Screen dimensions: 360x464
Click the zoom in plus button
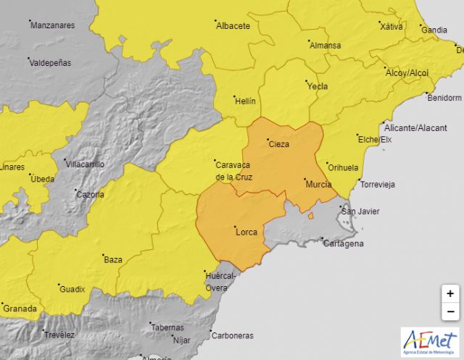[x=450, y=293]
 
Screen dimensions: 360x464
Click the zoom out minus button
[x=450, y=312]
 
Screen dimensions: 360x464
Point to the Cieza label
[x=279, y=144]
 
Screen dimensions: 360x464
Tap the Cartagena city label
[x=343, y=243]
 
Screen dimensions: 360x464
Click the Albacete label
[x=233, y=26]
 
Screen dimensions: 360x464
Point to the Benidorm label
[x=444, y=98]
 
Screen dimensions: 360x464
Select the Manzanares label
[x=52, y=25]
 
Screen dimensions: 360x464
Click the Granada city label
[x=20, y=309]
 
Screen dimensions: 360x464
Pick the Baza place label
[x=113, y=259]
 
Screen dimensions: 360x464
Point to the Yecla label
[x=318, y=86]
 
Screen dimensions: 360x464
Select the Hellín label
[x=246, y=102]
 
